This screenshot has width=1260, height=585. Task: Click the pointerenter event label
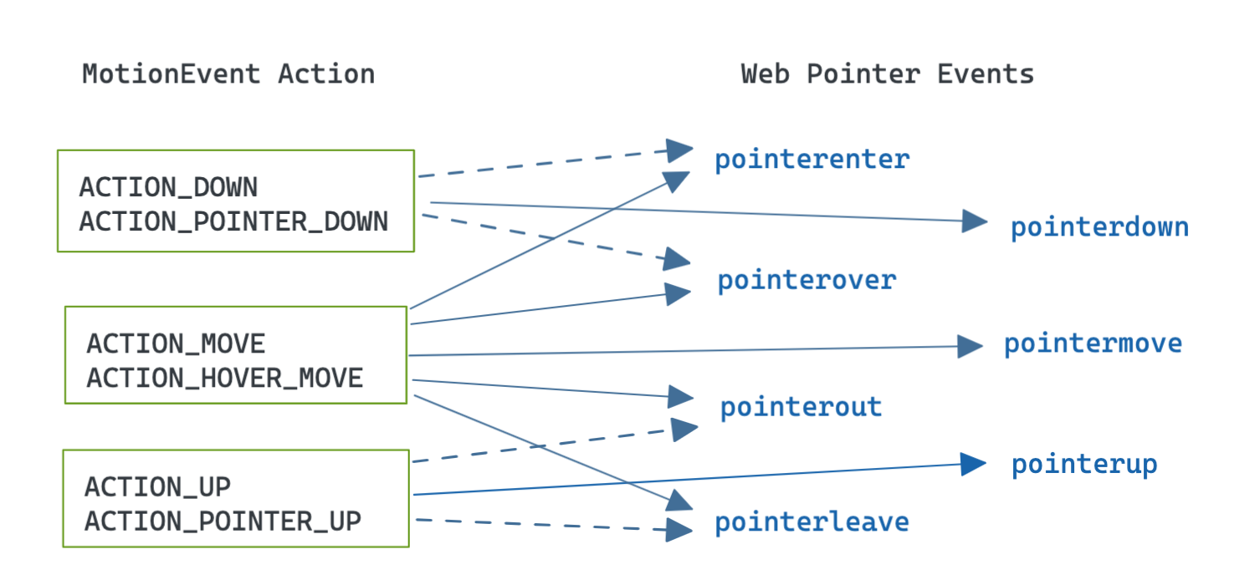(812, 159)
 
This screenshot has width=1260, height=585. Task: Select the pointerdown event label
(1099, 227)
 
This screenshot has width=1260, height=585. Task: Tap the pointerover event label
(807, 281)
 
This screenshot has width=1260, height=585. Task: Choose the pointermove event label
(1093, 343)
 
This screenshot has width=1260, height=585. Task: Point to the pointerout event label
(801, 407)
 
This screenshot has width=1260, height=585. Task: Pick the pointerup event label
(1084, 465)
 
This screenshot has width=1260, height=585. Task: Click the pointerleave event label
(812, 522)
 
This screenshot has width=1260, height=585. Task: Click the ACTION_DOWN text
(168, 187)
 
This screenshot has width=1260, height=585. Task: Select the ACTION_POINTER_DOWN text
(233, 221)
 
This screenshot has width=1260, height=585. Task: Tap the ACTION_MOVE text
(176, 343)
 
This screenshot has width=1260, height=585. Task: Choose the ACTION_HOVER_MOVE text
(225, 379)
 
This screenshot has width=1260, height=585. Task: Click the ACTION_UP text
(157, 486)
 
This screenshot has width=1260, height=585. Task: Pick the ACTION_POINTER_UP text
(223, 521)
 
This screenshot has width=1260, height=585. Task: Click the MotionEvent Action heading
(228, 74)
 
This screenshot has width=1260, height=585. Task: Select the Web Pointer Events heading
(887, 74)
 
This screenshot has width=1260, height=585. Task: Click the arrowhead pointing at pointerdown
(975, 221)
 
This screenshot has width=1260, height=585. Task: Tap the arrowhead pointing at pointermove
(971, 345)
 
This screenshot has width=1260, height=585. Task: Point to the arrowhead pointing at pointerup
(973, 465)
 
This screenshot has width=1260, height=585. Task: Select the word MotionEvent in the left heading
(171, 74)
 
